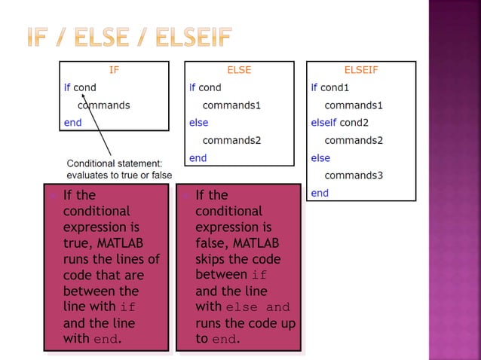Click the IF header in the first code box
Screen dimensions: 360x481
(114, 70)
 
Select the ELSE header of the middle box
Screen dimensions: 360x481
(239, 70)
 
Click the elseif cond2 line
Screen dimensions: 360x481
(339, 123)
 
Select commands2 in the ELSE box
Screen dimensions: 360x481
(231, 140)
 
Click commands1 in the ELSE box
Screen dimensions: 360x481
(231, 105)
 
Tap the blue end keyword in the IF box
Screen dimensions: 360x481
(72, 123)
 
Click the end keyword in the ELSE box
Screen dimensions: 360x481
(198, 157)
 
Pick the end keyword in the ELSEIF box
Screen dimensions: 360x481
(320, 193)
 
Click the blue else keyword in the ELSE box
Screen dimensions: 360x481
(198, 123)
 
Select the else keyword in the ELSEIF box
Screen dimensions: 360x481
(320, 158)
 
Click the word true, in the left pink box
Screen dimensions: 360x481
(78, 243)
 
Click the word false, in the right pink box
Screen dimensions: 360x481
(212, 243)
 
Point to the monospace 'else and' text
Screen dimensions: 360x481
(257, 307)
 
